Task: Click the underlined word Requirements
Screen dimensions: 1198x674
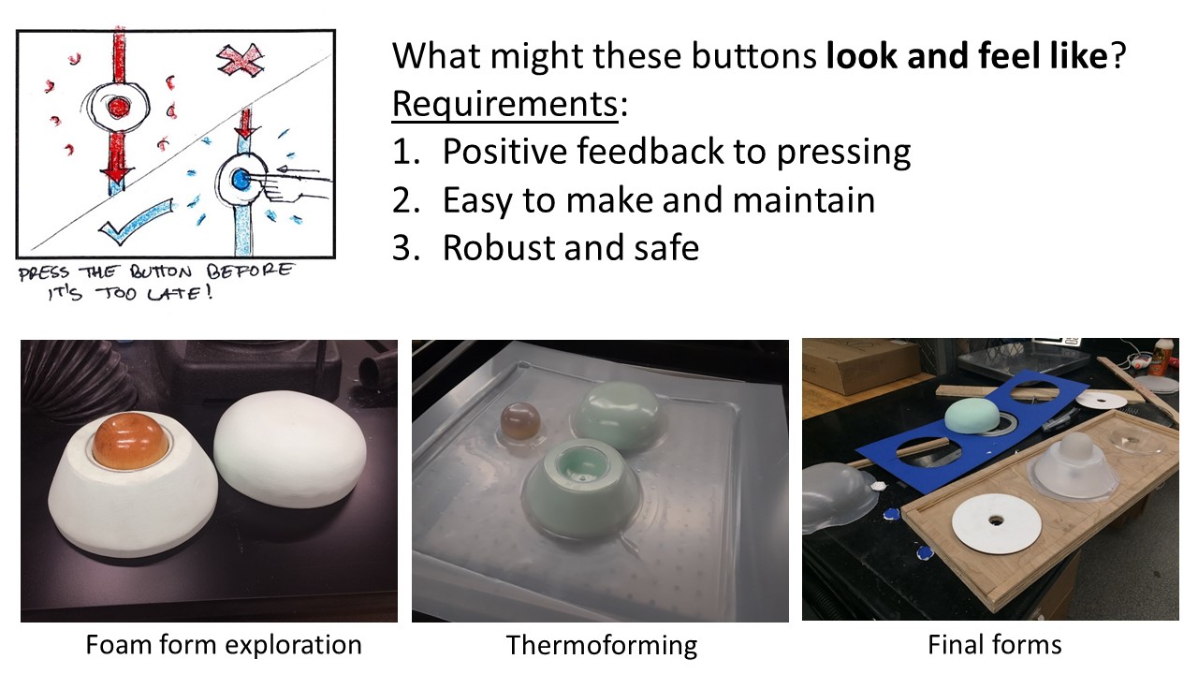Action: (x=504, y=104)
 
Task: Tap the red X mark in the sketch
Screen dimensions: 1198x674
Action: (x=241, y=58)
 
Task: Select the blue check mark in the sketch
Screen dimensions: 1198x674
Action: (x=137, y=220)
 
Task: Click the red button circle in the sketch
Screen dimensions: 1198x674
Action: (x=118, y=107)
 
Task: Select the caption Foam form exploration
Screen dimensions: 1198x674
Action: (x=224, y=645)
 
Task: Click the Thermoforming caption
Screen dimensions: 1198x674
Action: (x=602, y=646)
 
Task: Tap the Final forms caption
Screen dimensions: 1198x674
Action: (x=994, y=645)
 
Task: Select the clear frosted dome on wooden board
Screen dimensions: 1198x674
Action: (x=1075, y=464)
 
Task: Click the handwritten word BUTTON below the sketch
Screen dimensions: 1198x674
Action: (x=160, y=271)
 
